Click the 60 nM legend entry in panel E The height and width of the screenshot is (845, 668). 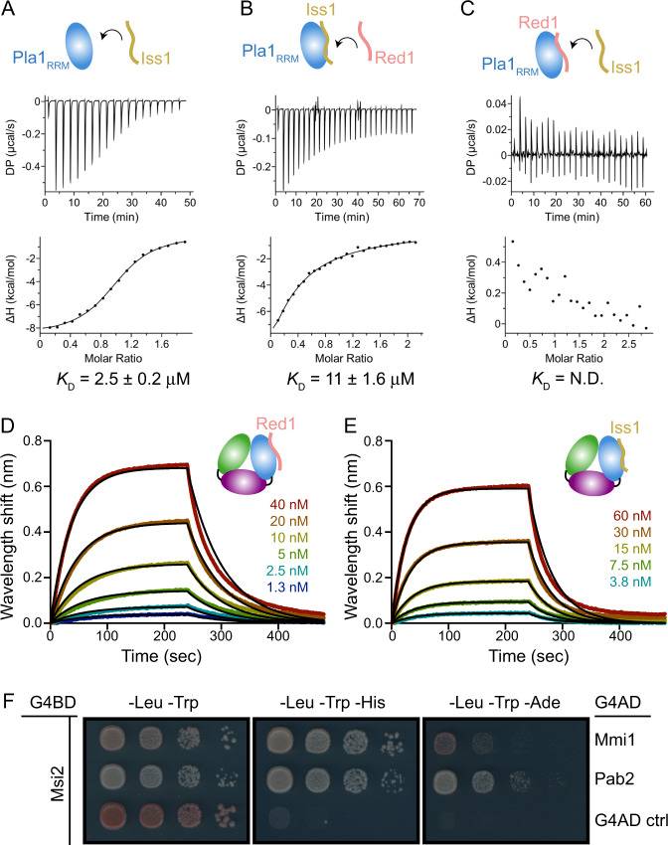598,516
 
